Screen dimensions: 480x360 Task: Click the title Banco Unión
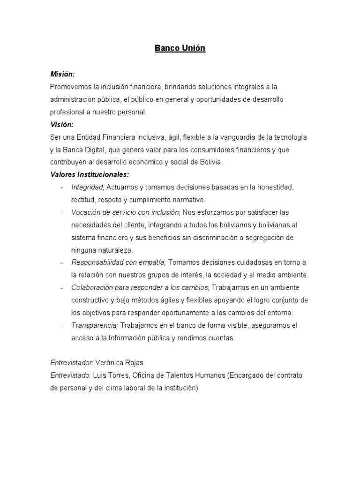[x=180, y=48]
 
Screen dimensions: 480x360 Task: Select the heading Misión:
[x=62, y=75]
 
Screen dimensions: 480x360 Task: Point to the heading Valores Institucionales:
[x=89, y=175]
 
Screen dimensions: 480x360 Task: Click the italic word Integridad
[x=87, y=187]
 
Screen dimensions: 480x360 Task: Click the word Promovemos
[x=70, y=87]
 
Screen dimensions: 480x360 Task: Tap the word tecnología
[x=290, y=137]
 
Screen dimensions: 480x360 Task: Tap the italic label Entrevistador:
[x=71, y=363]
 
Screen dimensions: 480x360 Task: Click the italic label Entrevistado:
[x=70, y=375]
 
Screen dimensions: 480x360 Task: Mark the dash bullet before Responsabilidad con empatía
[x=62, y=262]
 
